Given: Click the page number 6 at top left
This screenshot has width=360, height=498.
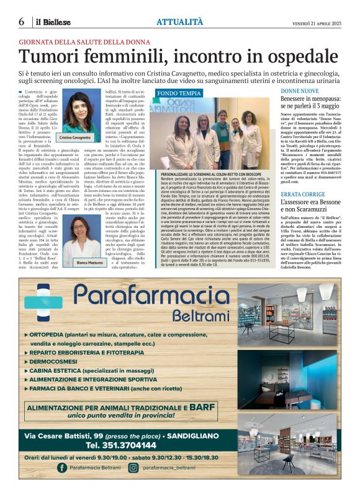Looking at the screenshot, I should point(22,22).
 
